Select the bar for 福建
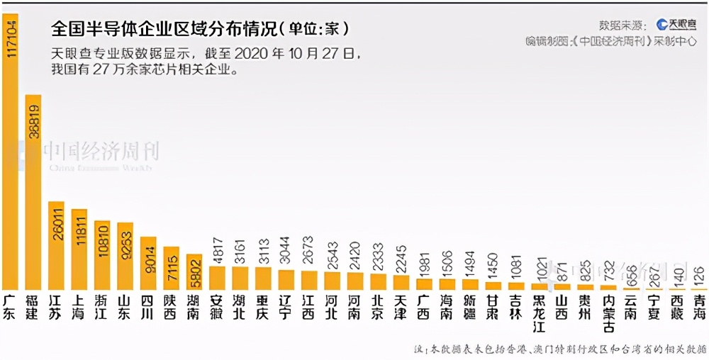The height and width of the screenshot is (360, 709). coord(33,191)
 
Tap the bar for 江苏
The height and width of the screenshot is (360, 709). coord(57,245)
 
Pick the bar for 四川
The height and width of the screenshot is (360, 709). coord(148,263)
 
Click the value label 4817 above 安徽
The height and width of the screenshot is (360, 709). coord(218,250)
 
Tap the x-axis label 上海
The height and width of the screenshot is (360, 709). coord(79,306)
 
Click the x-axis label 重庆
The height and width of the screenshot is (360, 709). coord(263,306)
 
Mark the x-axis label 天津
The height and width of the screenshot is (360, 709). coord(401,306)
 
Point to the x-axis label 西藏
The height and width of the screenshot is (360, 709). coord(678,306)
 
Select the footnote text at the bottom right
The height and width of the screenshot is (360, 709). coord(560,349)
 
